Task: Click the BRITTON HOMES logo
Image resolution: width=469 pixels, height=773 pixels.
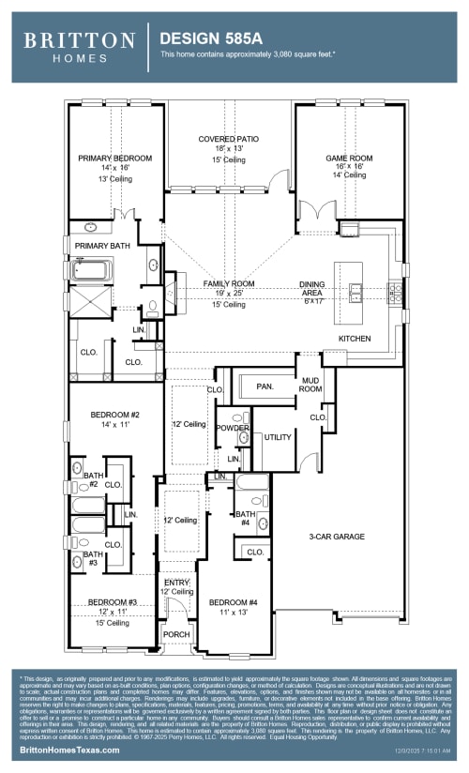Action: point(79,46)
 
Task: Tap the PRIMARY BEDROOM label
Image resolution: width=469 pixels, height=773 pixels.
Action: point(114,159)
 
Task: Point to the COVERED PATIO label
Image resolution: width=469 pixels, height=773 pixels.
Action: point(228,139)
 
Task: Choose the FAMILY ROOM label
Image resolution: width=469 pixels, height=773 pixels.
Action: point(229,283)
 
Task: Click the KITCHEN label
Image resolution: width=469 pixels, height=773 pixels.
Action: point(354,339)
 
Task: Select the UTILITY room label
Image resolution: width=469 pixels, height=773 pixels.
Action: point(278,437)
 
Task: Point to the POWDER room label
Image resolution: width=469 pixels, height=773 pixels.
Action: point(232,427)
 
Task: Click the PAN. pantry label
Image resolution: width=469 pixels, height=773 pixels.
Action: point(264,386)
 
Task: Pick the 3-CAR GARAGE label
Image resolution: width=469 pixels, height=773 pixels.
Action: point(336,537)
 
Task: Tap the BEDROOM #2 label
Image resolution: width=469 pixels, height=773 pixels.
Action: point(114,415)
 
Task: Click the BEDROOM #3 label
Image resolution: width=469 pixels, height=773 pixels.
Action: point(113,601)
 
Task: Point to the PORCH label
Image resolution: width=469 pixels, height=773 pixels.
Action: point(176,633)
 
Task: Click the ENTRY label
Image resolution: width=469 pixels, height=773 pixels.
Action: point(176,582)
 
